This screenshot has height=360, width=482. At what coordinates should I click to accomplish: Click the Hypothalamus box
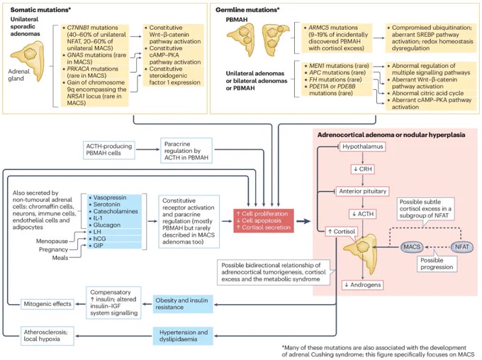(x=362, y=147)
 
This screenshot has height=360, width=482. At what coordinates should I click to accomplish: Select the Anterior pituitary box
(x=362, y=191)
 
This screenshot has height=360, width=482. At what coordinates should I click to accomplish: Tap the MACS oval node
(x=412, y=247)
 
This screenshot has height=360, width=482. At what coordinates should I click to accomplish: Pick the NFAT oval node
(x=461, y=247)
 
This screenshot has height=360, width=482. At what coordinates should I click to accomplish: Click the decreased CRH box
(x=362, y=169)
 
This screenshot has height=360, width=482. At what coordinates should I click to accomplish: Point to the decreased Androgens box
(x=363, y=285)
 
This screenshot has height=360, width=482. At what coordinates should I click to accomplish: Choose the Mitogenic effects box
(x=47, y=304)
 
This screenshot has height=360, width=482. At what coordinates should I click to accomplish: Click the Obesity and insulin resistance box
(x=183, y=304)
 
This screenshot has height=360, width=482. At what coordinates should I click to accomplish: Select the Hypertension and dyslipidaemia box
(x=183, y=336)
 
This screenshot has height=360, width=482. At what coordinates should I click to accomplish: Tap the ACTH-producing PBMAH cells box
(x=109, y=150)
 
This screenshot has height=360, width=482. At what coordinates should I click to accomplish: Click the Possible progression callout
(x=437, y=264)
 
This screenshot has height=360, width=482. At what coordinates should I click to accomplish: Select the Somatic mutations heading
(x=40, y=10)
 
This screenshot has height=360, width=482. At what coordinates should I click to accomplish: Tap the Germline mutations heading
(x=247, y=10)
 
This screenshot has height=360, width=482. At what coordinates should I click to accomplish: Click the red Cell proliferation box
(x=264, y=220)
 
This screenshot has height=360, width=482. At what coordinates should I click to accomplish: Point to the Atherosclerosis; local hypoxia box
(x=47, y=336)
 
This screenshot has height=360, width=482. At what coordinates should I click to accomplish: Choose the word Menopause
(x=52, y=241)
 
